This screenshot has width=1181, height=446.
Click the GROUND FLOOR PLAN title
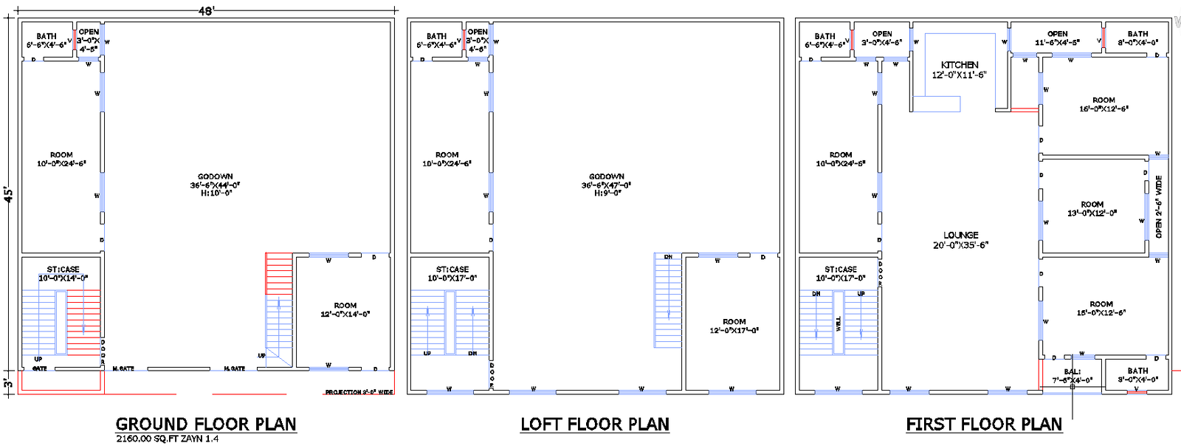[x=206, y=425]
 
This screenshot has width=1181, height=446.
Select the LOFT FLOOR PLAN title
[x=595, y=425]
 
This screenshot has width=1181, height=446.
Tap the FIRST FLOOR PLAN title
[x=984, y=425]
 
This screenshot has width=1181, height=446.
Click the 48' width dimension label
[x=206, y=10]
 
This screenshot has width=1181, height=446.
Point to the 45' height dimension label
[x=8, y=194]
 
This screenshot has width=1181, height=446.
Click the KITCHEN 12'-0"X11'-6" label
[x=960, y=70]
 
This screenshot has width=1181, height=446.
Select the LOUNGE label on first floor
[x=960, y=240]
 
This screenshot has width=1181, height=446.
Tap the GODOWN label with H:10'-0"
[x=215, y=185]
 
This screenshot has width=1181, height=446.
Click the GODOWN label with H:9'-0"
[x=606, y=185]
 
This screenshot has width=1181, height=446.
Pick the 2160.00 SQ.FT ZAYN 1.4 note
[x=168, y=439]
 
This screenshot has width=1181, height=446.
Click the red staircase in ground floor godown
[x=279, y=273]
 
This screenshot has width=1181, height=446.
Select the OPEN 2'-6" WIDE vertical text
[x=1159, y=206]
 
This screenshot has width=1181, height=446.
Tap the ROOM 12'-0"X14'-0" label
[x=345, y=309]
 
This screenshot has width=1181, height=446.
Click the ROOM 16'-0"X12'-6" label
[x=1103, y=104]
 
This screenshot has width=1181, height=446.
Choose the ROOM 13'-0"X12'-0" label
[x=1092, y=209]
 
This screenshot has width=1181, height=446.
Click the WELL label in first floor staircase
[x=839, y=323]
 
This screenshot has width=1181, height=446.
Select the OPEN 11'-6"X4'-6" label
[x=1057, y=38]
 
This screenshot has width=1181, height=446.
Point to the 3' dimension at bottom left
[x=8, y=383]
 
